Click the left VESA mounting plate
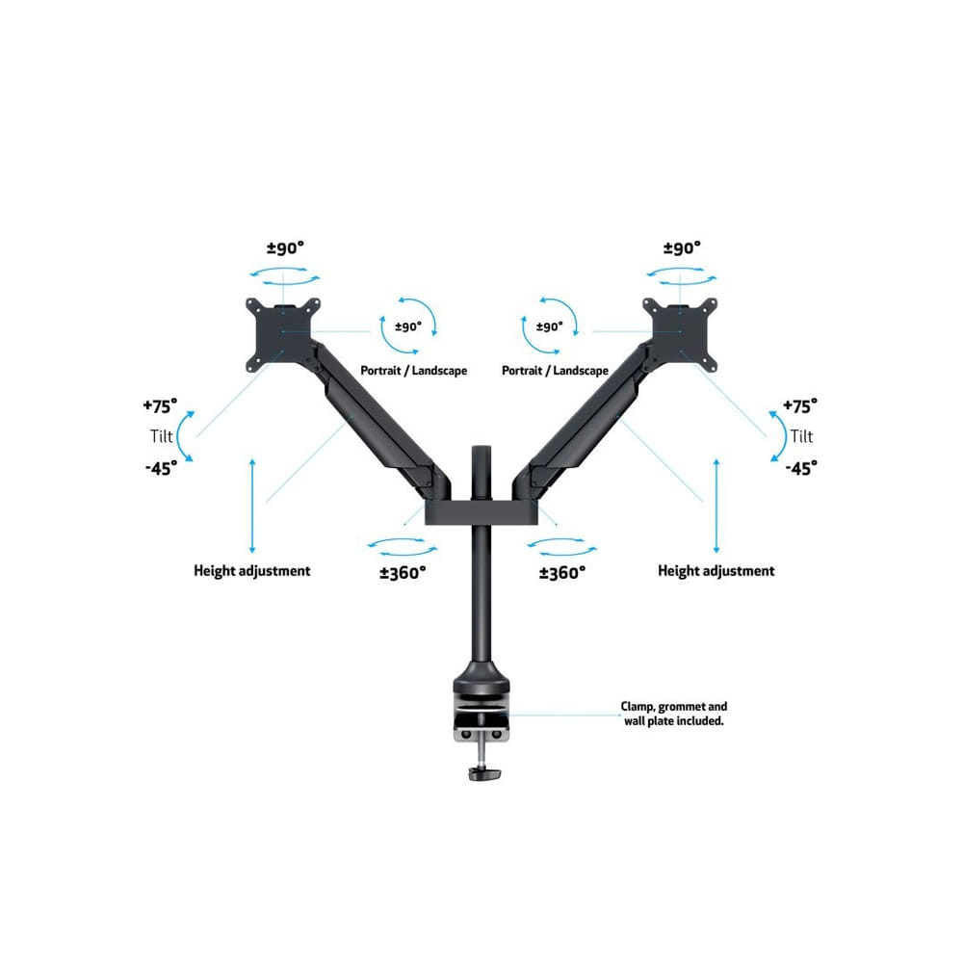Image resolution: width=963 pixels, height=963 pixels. [x=283, y=335]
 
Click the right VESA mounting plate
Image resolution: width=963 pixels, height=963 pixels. [x=680, y=335]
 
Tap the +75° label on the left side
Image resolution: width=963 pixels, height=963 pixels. [x=160, y=406]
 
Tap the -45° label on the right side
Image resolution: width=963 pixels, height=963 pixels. [x=801, y=469]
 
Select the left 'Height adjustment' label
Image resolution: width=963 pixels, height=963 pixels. [x=251, y=570]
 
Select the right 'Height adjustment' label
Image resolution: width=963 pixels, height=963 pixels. [x=716, y=570]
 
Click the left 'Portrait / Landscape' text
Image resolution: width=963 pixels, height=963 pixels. [x=413, y=371]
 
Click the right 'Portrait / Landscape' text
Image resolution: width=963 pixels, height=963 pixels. [x=556, y=371]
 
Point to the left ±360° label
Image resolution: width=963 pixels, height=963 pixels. [x=403, y=573]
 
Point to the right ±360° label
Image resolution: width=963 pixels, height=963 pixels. [x=562, y=573]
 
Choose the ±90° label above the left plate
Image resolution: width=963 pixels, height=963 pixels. [x=286, y=248]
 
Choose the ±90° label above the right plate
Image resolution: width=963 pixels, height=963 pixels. [x=683, y=248]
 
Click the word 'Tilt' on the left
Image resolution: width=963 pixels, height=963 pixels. [x=162, y=436]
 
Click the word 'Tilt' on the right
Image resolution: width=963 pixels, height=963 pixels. [x=801, y=436]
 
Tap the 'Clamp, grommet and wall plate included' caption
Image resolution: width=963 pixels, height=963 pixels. [x=674, y=714]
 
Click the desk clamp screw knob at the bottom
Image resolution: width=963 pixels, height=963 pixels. [x=484, y=773]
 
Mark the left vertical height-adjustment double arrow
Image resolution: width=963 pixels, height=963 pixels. [x=252, y=507]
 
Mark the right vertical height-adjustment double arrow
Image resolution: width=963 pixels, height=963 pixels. [x=716, y=507]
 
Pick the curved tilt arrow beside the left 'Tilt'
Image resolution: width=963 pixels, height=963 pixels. [x=182, y=436]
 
